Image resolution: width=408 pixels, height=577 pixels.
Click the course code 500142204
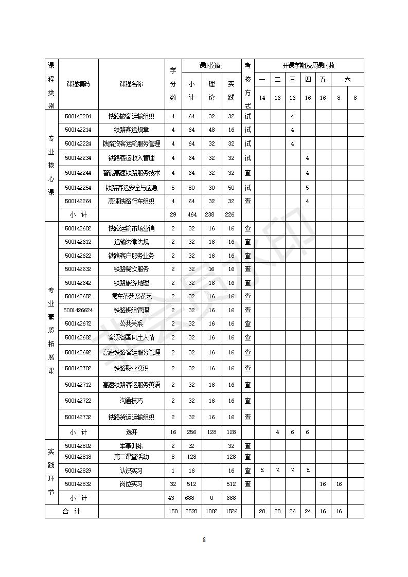(78, 116)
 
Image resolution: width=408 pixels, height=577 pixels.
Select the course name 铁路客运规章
(131, 130)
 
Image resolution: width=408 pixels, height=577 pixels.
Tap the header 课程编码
(78, 84)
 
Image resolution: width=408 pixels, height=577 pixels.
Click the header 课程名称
(131, 84)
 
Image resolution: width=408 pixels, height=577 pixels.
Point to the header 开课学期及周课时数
(309, 65)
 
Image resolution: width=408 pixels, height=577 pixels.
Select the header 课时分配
(211, 65)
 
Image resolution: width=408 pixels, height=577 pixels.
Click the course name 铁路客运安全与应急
(131, 188)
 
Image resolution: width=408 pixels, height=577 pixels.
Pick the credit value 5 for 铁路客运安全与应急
(173, 188)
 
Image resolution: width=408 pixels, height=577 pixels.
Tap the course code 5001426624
(78, 310)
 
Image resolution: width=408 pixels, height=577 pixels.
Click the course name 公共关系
(131, 323)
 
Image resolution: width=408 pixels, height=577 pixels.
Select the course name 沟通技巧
(131, 401)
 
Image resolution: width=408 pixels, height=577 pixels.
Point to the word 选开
(131, 432)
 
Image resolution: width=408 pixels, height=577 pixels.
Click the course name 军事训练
(131, 446)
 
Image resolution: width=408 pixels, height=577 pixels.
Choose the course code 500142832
(78, 484)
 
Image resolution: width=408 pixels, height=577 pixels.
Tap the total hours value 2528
(191, 511)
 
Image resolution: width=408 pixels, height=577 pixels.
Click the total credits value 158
(173, 511)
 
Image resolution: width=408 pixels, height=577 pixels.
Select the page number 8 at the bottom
(204, 539)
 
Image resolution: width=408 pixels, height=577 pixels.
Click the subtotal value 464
(191, 214)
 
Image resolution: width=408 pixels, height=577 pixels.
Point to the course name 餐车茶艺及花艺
(131, 296)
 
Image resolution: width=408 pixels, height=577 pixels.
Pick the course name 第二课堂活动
(131, 457)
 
